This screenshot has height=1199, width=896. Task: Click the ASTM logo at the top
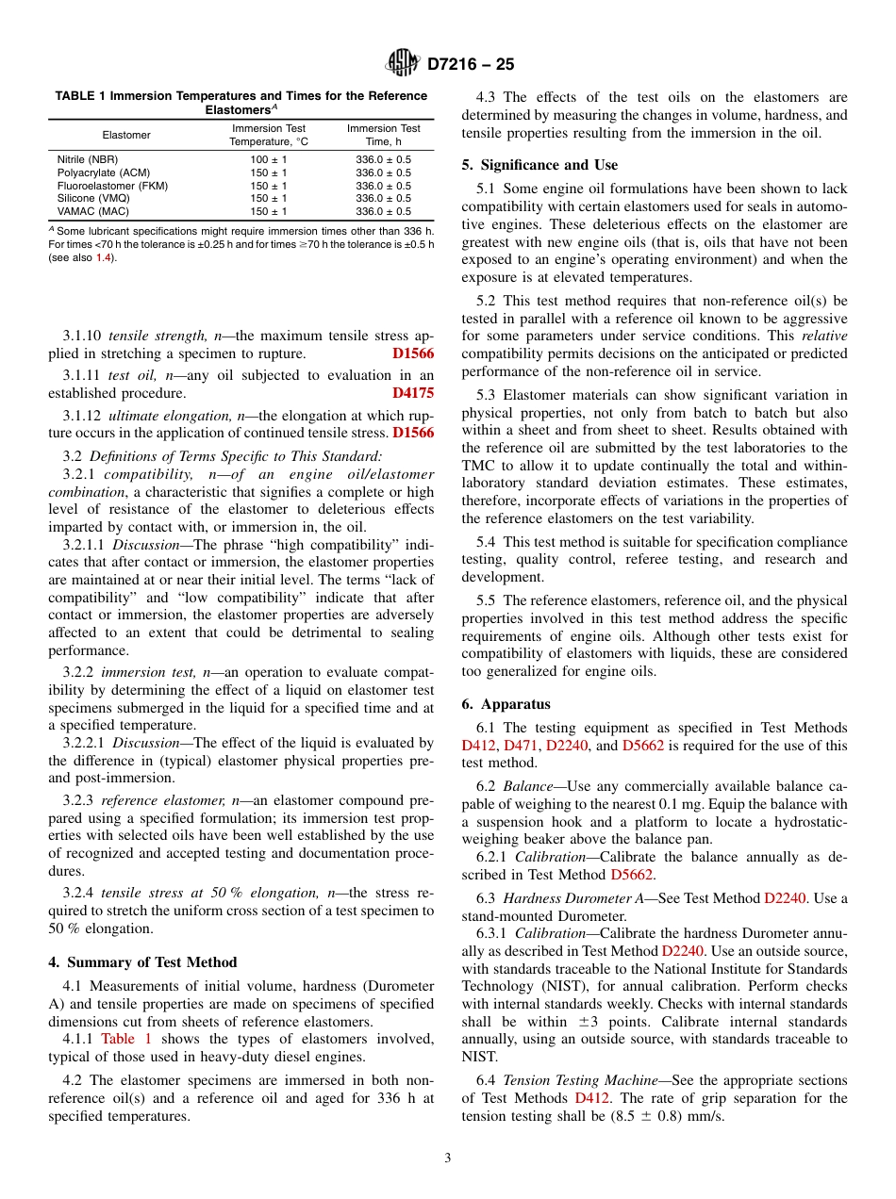coord(404,65)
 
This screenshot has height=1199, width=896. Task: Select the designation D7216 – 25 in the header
coord(471,65)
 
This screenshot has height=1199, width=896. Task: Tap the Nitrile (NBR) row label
coord(88,160)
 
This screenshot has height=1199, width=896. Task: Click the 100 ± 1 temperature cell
coord(269,160)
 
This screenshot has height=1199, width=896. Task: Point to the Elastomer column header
coord(126,135)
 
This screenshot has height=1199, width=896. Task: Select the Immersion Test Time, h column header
coord(383,135)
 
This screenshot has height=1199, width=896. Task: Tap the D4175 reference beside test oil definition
coord(413,393)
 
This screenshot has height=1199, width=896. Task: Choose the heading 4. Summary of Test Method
coord(142,962)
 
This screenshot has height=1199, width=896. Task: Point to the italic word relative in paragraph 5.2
coord(823,337)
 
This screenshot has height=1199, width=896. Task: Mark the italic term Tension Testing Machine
coord(571,1080)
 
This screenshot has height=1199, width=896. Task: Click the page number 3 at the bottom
coord(447,1158)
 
